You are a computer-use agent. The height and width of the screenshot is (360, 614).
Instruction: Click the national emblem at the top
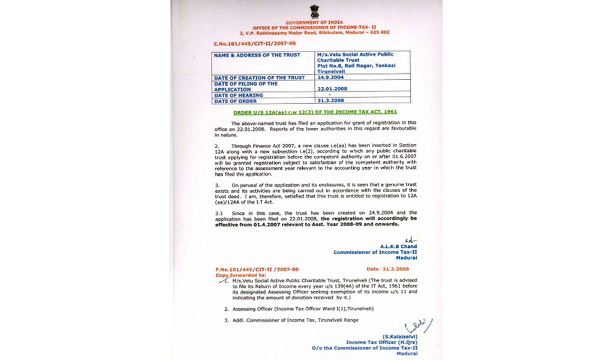[x=314, y=11]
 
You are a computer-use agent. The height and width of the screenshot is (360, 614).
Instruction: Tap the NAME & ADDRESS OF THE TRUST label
[x=252, y=55]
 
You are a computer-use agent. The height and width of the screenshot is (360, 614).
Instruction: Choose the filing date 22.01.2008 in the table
[x=331, y=89]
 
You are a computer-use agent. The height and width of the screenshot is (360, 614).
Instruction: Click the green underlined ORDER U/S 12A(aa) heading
[x=315, y=112]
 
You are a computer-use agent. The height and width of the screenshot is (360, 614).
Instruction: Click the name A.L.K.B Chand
[x=398, y=247]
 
